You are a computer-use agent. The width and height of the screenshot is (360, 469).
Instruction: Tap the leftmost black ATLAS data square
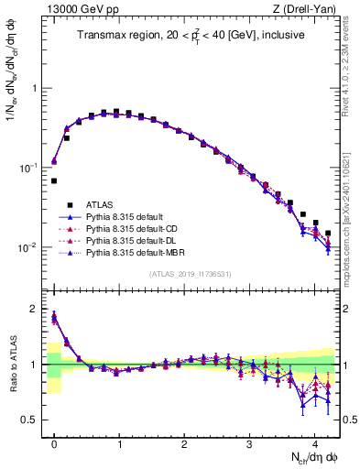coord(54,180)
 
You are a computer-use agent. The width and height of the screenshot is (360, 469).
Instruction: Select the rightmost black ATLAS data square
coord(327,233)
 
